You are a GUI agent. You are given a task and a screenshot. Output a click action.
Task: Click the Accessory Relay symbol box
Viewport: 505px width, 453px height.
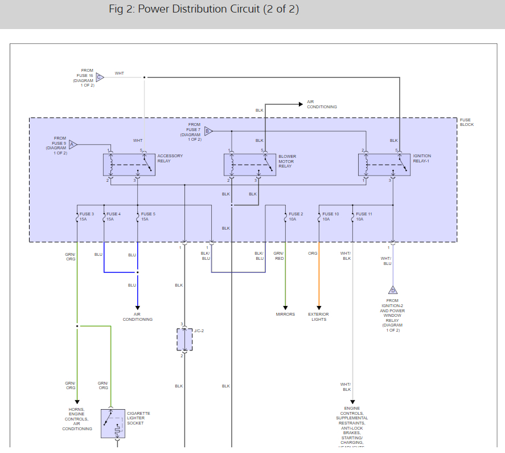point(129,165)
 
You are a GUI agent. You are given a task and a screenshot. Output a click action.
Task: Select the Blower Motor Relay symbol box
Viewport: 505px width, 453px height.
point(251,165)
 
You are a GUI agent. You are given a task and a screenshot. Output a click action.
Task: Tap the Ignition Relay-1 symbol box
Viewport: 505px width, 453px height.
point(384,165)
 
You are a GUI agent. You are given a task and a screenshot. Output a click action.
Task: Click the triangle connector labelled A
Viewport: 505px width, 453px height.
point(72,144)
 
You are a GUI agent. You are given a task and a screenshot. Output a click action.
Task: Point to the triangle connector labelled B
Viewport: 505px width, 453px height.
point(208,131)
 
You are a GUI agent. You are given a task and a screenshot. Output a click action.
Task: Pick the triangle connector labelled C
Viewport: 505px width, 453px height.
point(100,77)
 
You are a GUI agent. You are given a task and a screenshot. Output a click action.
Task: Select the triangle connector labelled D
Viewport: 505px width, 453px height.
point(392,290)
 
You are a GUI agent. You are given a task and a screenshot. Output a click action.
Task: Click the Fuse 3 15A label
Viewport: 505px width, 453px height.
point(87,217)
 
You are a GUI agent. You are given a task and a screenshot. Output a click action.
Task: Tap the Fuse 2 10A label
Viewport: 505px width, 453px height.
point(295,217)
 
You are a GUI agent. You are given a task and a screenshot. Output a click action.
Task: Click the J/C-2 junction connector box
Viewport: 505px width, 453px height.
point(184,340)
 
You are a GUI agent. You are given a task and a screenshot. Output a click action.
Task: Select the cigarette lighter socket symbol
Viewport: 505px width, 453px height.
point(113,423)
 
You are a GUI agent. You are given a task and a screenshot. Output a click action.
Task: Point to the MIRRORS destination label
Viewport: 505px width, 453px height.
point(285,315)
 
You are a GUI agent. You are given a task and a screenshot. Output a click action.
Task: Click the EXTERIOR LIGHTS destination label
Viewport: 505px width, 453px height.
point(319,317)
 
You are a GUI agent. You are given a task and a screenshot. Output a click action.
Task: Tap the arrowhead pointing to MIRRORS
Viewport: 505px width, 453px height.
point(285,308)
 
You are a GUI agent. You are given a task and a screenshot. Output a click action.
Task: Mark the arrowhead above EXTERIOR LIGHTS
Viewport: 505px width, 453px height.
point(319,308)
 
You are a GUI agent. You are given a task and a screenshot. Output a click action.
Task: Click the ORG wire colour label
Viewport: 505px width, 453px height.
point(313,253)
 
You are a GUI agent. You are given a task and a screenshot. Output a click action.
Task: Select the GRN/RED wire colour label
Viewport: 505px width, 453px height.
point(278,256)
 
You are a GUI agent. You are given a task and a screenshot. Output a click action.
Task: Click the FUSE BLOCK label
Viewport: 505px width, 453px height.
point(466,122)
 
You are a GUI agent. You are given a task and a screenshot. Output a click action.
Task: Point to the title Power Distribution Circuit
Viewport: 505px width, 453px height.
point(204,9)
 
